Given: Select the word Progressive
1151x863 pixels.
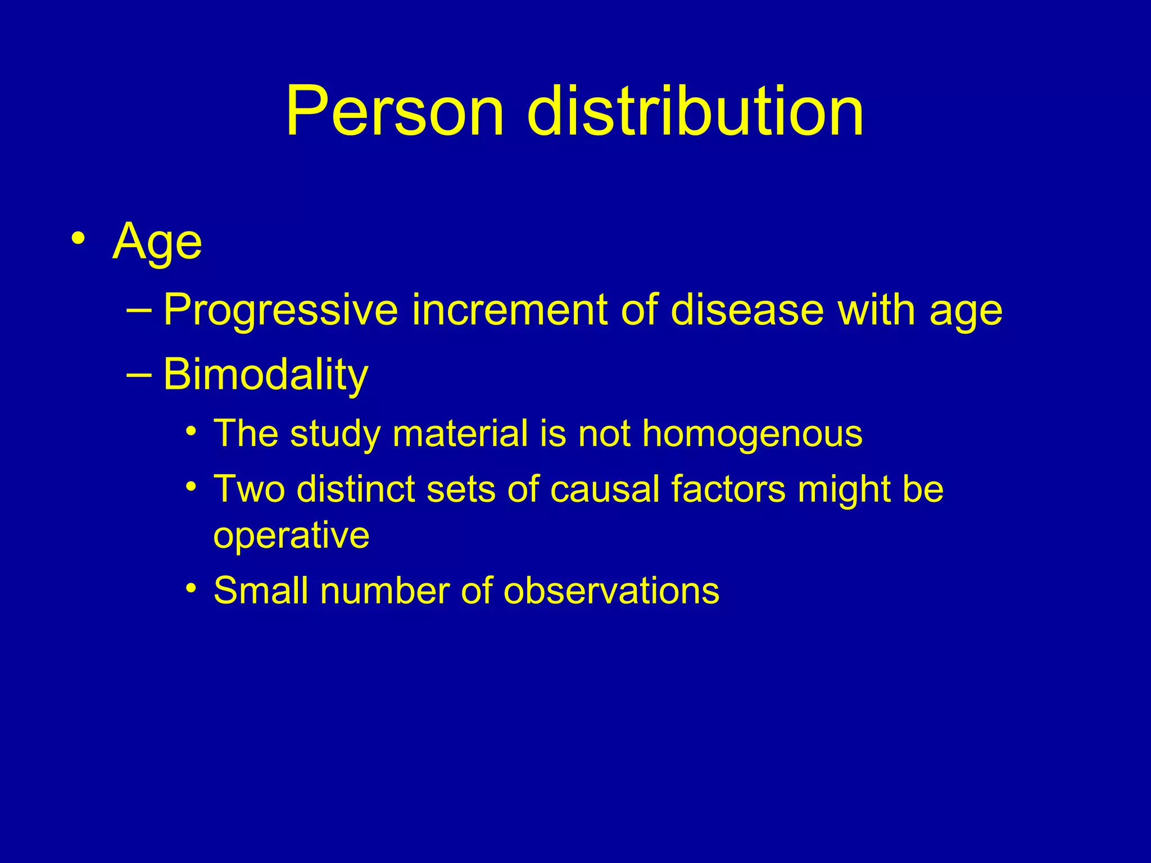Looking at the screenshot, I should tap(280, 311).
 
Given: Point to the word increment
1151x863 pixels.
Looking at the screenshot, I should tap(509, 311).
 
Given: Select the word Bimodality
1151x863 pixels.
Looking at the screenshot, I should tap(265, 375).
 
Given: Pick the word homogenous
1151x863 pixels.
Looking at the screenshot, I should tap(752, 435).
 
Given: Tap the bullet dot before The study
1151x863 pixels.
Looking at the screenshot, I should tap(192, 432).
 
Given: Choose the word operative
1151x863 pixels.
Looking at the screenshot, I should tap(291, 535).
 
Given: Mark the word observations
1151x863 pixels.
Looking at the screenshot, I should tap(611, 591).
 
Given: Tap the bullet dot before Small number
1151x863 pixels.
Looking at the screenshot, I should tap(192, 589).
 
